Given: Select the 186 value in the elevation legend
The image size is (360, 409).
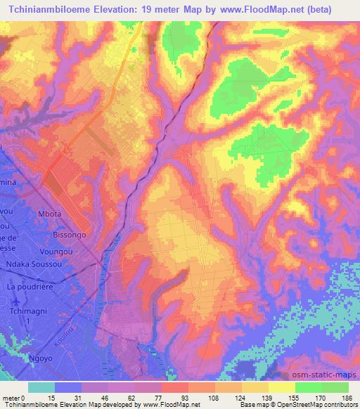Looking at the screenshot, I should pyautogui.click(x=347, y=398).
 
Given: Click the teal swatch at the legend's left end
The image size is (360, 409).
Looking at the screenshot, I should pyautogui.click(x=41, y=387).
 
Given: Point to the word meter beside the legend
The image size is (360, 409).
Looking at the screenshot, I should pyautogui.click(x=10, y=398).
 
